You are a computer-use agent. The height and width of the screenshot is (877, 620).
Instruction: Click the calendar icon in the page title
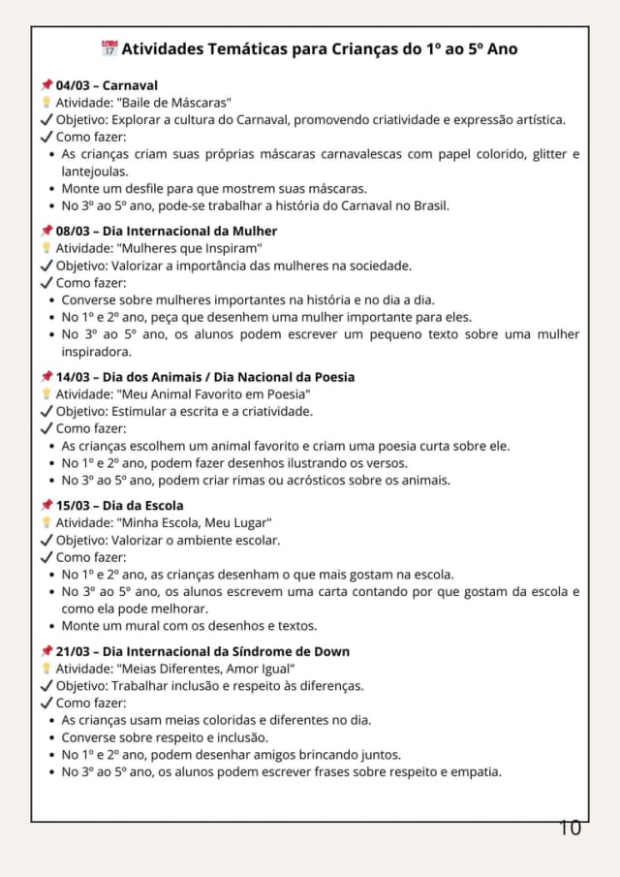click(x=108, y=48)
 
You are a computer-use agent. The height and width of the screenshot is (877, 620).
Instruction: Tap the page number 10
click(x=570, y=828)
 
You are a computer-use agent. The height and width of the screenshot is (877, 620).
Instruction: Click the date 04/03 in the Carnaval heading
click(x=74, y=85)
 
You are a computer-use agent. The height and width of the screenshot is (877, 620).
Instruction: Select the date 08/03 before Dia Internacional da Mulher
click(x=74, y=231)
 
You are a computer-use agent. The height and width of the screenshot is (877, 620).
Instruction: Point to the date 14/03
click(x=74, y=376)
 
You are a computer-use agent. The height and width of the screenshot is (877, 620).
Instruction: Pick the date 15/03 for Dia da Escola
click(x=74, y=505)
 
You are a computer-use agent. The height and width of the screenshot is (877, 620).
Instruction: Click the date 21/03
click(x=74, y=651)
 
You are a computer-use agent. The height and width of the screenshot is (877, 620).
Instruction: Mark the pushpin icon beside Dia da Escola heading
click(x=46, y=505)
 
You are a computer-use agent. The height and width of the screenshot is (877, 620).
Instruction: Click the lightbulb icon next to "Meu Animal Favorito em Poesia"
click(x=46, y=394)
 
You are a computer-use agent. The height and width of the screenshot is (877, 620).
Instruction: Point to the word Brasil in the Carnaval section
click(x=429, y=205)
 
